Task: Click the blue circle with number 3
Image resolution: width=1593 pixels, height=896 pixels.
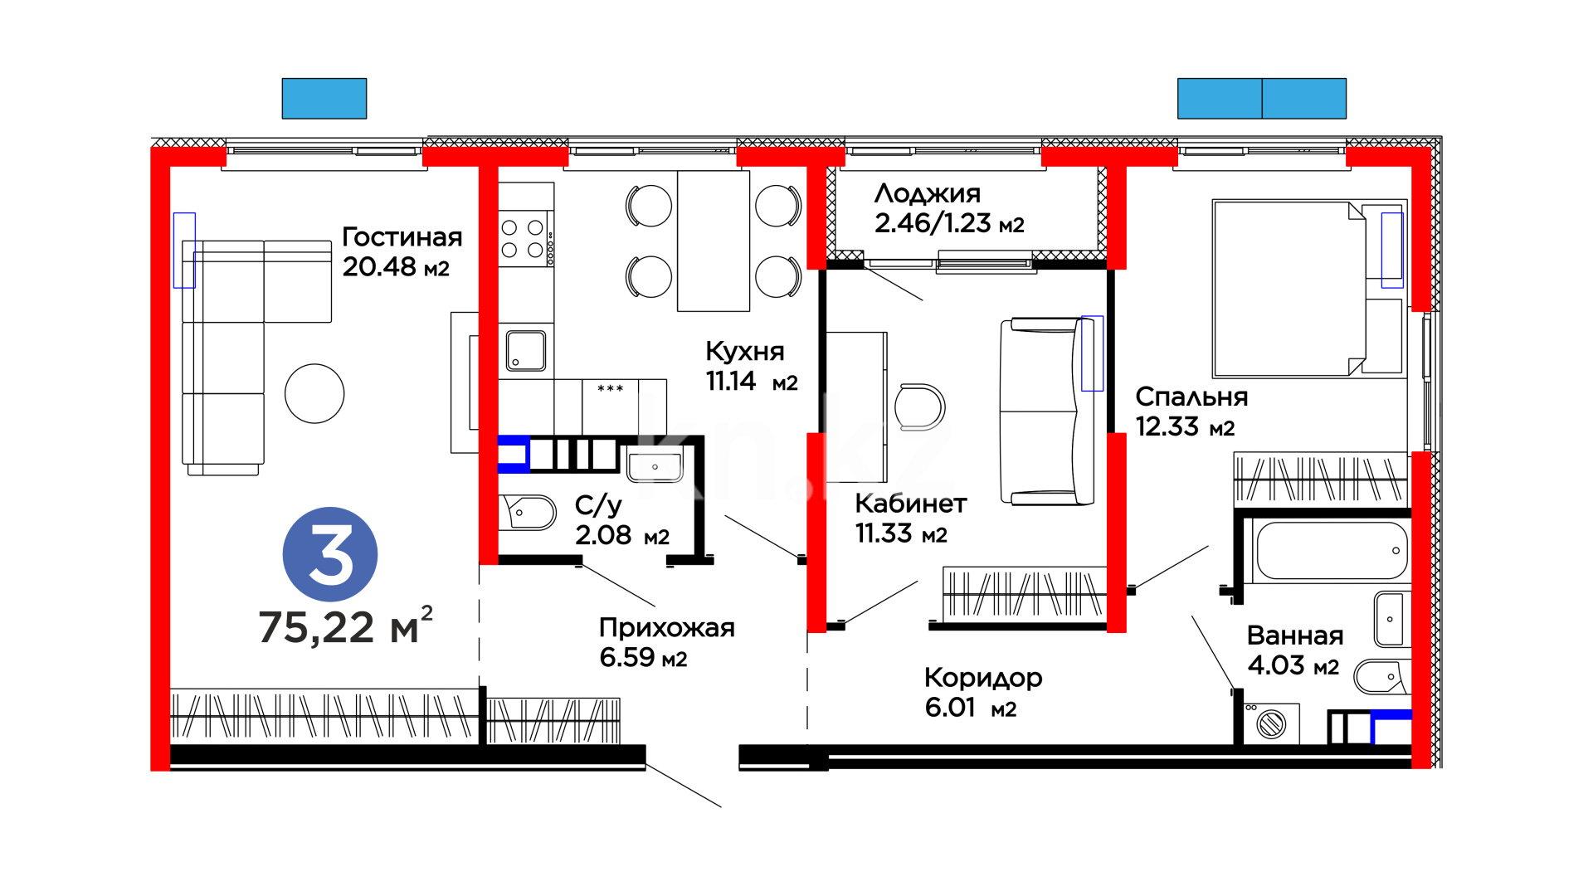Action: click(x=330, y=554)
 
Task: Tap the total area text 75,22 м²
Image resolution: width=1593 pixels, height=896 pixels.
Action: click(x=346, y=626)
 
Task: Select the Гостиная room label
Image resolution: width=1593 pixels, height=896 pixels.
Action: click(x=402, y=237)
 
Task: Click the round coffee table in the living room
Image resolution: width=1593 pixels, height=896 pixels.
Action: click(x=314, y=394)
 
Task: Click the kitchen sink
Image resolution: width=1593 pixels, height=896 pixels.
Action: click(x=526, y=351)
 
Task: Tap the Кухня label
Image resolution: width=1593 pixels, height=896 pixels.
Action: click(x=745, y=352)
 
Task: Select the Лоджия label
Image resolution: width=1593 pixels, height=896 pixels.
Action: click(x=928, y=194)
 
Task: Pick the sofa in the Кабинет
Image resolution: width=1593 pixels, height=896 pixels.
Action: click(x=1042, y=411)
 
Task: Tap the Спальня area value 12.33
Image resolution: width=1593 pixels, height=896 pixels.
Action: click(x=1167, y=426)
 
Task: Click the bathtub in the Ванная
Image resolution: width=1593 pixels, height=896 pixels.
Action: click(x=1331, y=551)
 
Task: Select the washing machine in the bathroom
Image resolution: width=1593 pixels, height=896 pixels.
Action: click(x=1271, y=724)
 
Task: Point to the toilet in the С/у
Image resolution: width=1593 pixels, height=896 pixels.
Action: click(x=528, y=513)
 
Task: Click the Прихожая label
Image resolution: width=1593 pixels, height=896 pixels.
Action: click(x=667, y=628)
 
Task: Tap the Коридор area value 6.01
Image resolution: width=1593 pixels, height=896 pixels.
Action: click(x=950, y=707)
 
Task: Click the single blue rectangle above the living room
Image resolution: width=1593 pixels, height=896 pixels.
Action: click(x=324, y=99)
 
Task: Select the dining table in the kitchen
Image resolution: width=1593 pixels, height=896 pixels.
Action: click(x=714, y=241)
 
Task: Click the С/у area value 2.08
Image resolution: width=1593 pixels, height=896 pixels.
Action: click(x=603, y=535)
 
